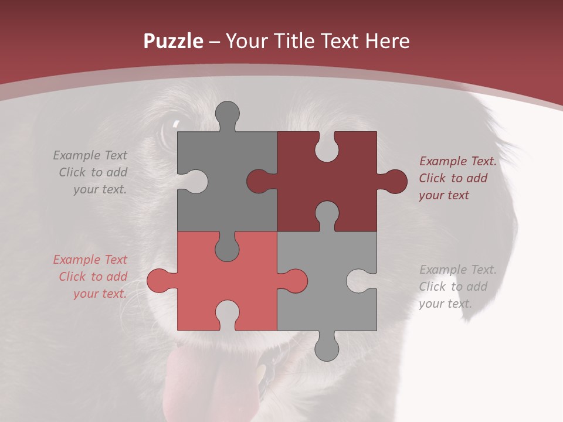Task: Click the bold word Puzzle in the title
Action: tap(174, 41)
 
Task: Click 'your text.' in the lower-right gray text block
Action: tap(445, 304)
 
